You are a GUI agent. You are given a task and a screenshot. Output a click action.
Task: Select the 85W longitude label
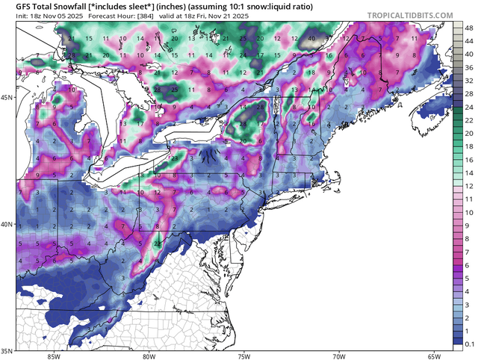pos(52,356)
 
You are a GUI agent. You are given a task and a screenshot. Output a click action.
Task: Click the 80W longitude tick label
pos(148,356)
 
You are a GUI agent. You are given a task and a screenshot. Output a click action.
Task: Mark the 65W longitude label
pos(435,356)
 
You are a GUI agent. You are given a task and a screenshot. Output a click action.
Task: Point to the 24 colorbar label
pos(465,108)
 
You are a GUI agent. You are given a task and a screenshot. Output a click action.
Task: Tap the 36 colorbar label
pos(465,66)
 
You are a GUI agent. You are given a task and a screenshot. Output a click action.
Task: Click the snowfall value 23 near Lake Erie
pos(173,158)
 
